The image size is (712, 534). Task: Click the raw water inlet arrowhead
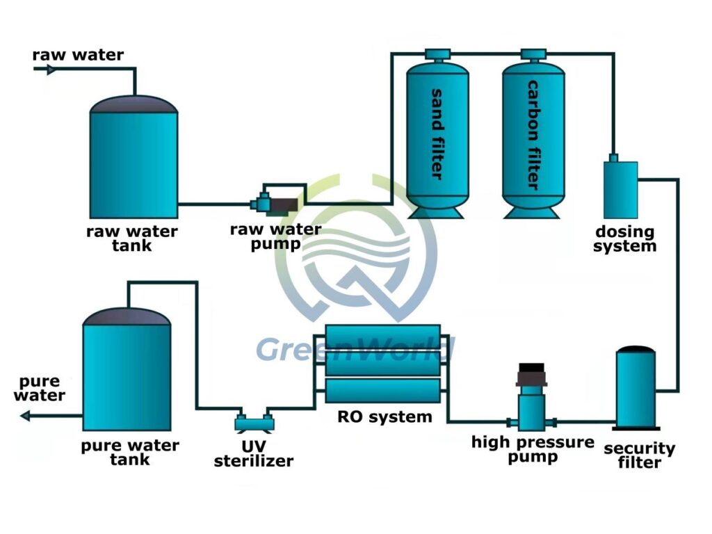click(48, 69)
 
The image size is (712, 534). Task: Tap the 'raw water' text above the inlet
click(78, 54)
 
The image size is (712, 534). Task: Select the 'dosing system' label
click(625, 238)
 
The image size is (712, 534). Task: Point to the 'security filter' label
click(639, 455)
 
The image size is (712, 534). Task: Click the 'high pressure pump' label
click(533, 449)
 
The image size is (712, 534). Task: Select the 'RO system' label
click(385, 417)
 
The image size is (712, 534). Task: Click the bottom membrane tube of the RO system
click(383, 390)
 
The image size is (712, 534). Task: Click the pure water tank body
click(127, 375)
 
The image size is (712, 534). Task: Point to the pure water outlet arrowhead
click(25, 416)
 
